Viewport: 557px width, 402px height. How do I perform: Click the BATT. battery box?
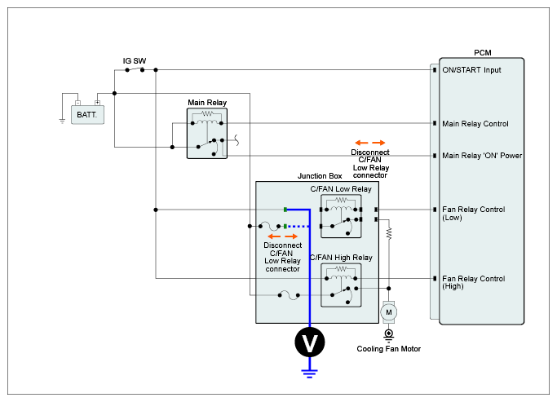pyautogui.click(x=87, y=114)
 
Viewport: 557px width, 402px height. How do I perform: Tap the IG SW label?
pyautogui.click(x=135, y=60)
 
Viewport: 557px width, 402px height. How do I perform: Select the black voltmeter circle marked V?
pyautogui.click(x=309, y=342)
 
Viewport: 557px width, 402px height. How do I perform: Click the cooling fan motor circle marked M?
pyautogui.click(x=389, y=312)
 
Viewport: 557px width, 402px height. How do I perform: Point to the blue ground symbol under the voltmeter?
pyautogui.click(x=309, y=373)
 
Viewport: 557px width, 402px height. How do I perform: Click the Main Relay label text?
pyautogui.click(x=207, y=102)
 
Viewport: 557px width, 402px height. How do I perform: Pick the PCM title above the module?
pyautogui.click(x=483, y=52)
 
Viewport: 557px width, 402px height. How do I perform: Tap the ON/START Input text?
pyautogui.click(x=471, y=70)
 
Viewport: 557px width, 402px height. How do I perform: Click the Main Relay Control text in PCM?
pyautogui.click(x=475, y=124)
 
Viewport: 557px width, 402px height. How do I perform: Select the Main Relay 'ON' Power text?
pyautogui.click(x=482, y=156)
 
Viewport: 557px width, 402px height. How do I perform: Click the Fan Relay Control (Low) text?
pyautogui.click(x=473, y=213)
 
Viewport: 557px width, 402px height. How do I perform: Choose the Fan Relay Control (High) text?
pyautogui.click(x=473, y=282)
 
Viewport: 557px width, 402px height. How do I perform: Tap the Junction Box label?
pyautogui.click(x=320, y=176)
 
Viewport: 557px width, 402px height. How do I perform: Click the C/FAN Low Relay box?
pyautogui.click(x=341, y=216)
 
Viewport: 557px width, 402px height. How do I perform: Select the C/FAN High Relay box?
pyautogui.click(x=341, y=285)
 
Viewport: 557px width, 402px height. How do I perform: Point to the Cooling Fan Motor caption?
pyautogui.click(x=389, y=349)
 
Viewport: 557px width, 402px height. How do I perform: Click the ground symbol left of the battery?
pyautogui.click(x=62, y=121)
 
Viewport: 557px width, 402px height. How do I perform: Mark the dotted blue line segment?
pyautogui.click(x=298, y=226)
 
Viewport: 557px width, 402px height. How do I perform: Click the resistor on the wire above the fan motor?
pyautogui.click(x=389, y=233)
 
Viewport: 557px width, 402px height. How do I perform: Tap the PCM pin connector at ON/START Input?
pyautogui.click(x=435, y=70)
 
